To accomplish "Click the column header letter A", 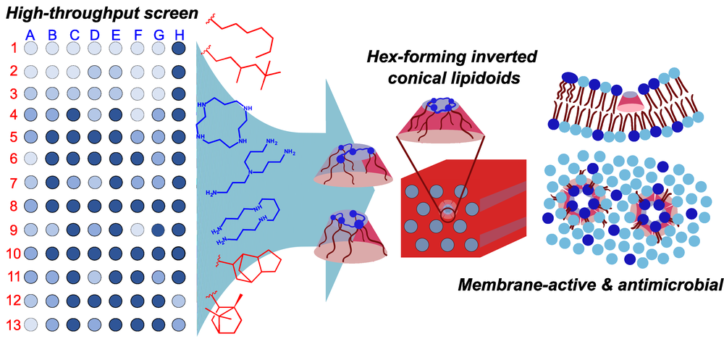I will pos(30,33).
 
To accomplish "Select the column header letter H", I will pos(180,33).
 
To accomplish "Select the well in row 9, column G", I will pos(159,230).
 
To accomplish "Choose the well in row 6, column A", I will pos(30,158).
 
